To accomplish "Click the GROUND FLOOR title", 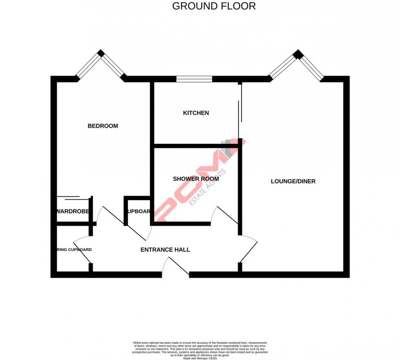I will pos(214,6).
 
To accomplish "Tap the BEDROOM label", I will pos(103,126).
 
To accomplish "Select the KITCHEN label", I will pos(196,113).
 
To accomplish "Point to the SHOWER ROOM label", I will pos(196,179).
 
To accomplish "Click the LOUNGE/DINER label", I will pos(293,181).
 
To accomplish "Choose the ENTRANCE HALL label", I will pos(165,250).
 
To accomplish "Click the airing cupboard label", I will pos(73,250).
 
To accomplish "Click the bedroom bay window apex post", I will pos(101,53).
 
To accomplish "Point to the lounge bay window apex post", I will pos(298,54).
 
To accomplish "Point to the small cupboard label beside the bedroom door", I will pos(139,211).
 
